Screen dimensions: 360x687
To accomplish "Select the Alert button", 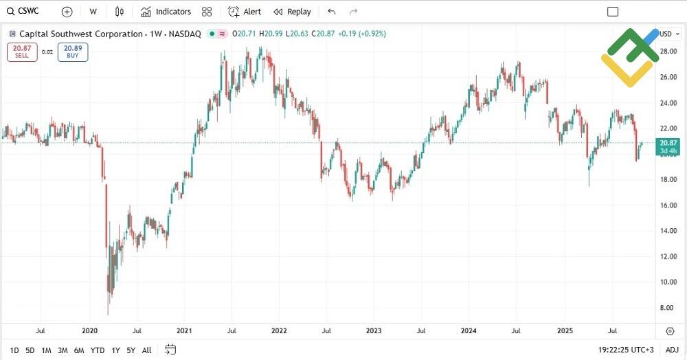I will coord(245,12).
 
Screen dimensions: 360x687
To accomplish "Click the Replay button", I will coord(292,12).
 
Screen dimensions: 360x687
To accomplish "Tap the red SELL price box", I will coord(22,52).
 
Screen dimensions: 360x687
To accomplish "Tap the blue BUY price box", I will coord(73,52).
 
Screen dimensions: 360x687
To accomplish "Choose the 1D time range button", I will coord(14,350).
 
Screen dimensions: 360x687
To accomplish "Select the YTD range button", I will coord(98,350).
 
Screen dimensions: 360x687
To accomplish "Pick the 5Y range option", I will coord(131,350).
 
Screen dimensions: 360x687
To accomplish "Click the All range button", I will coord(146,350).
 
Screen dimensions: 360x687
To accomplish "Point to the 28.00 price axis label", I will coord(668,52).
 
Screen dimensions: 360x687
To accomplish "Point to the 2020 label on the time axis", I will coord(90,330).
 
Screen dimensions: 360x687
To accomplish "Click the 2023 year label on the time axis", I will coord(373,330).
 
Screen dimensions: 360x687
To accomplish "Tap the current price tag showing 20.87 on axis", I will coord(668,142).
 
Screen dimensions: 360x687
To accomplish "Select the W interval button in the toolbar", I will coord(93,12).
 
